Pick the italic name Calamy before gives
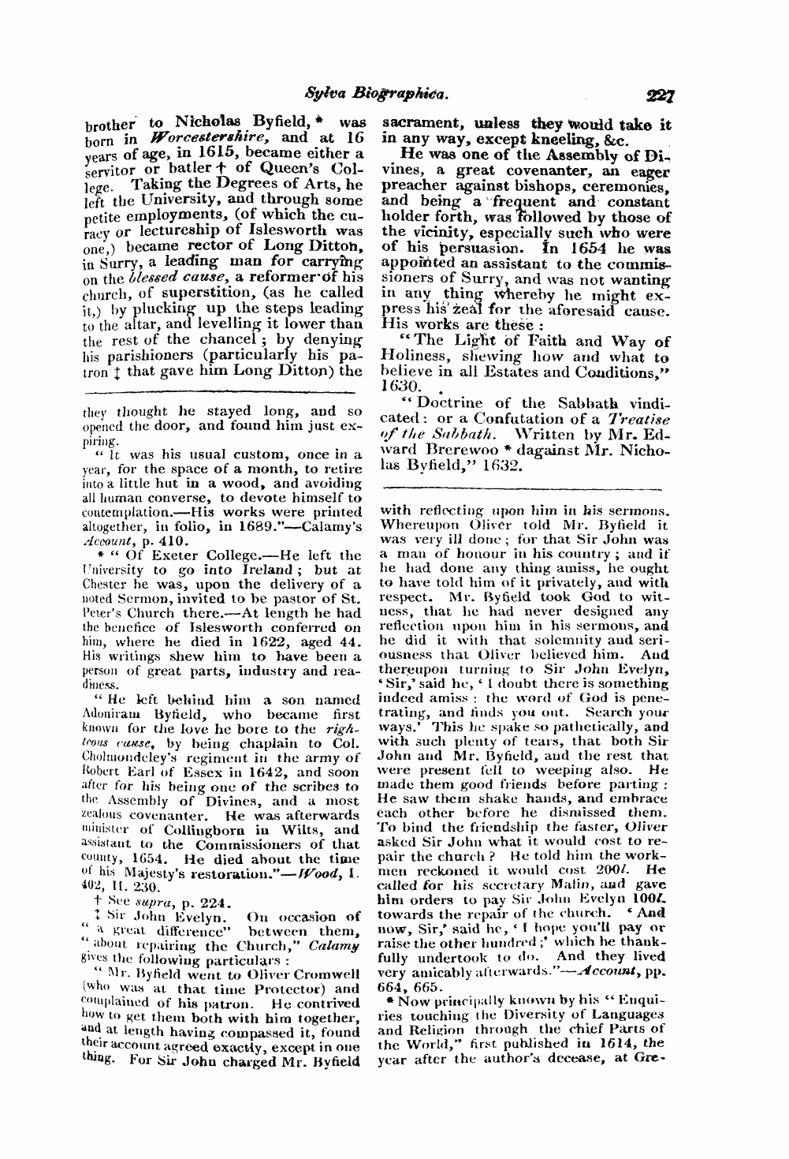click(334, 945)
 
